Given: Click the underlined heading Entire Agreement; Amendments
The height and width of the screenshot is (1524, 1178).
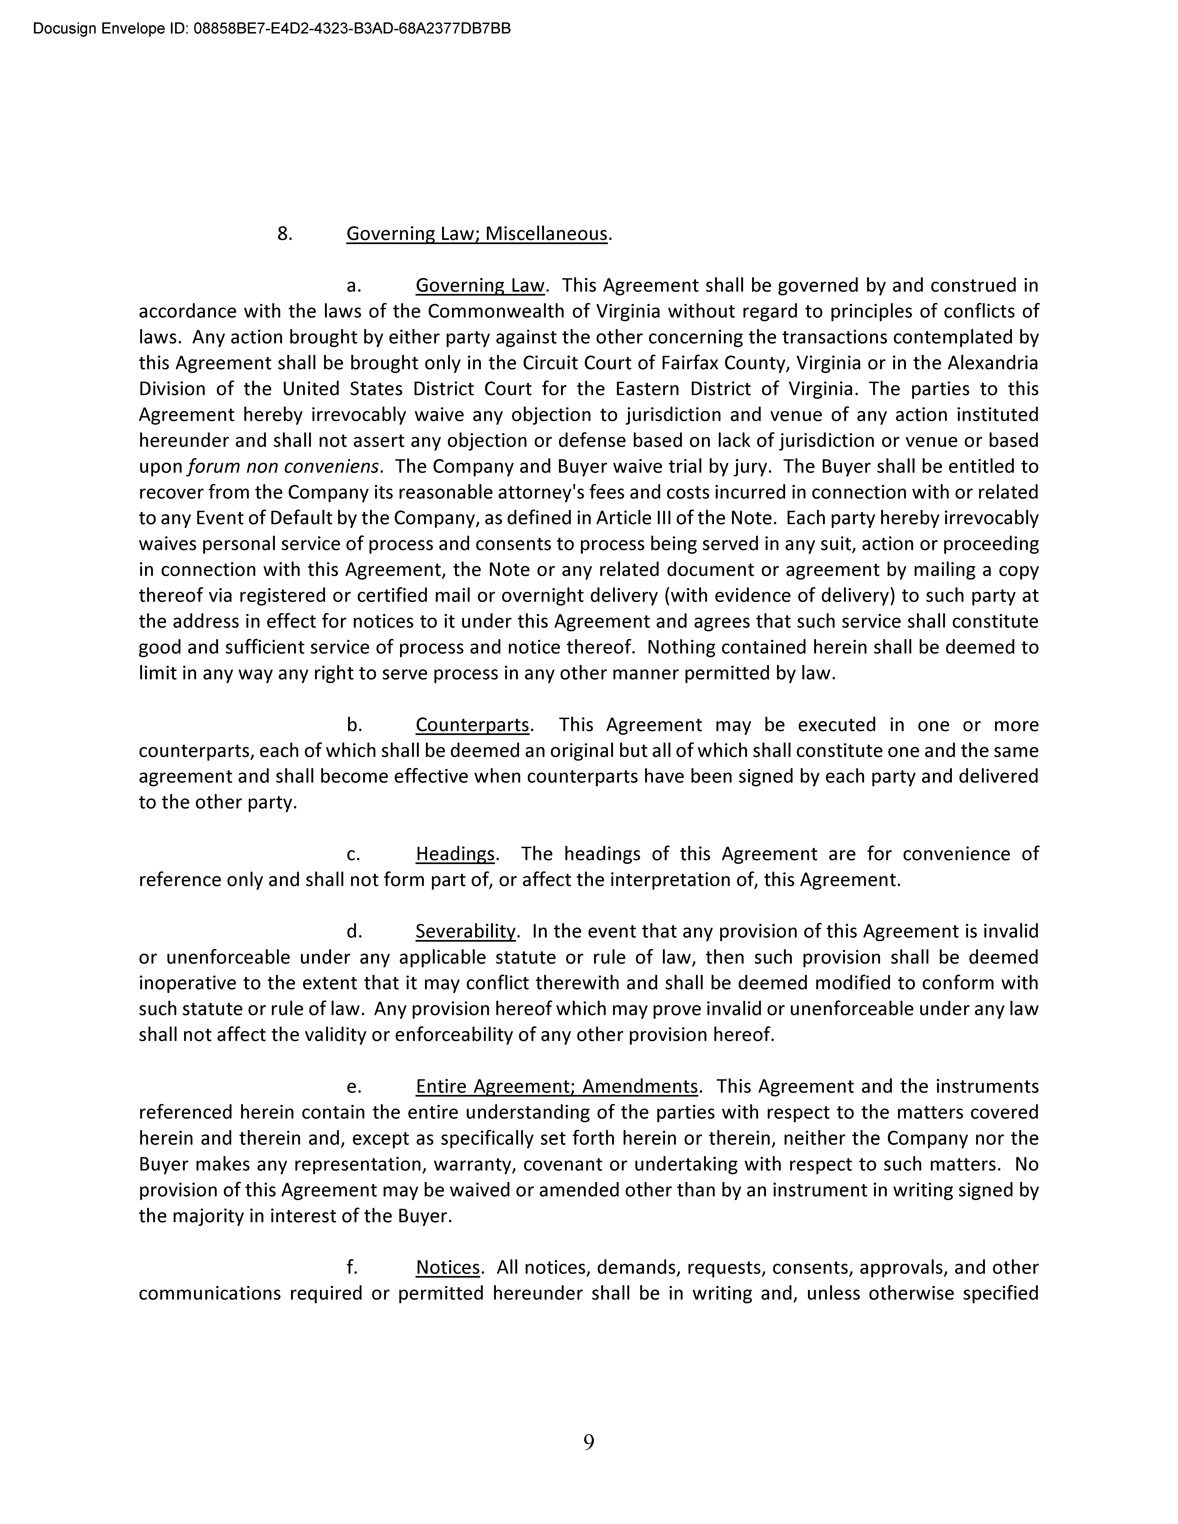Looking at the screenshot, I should click(556, 1086).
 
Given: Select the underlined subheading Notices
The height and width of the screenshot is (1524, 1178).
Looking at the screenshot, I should click(447, 1267).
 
